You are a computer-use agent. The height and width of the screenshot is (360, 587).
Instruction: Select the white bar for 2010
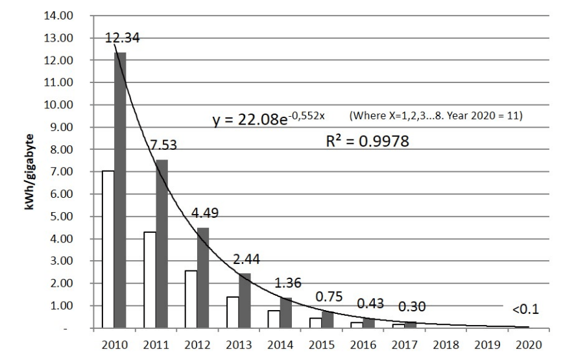pyautogui.click(x=108, y=249)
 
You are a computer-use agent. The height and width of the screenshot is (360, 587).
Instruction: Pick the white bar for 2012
pyautogui.click(x=191, y=299)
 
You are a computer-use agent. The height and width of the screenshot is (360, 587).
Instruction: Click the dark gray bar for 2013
pyautogui.click(x=245, y=300)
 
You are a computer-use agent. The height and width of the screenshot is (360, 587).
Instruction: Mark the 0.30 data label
pyautogui.click(x=411, y=306)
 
